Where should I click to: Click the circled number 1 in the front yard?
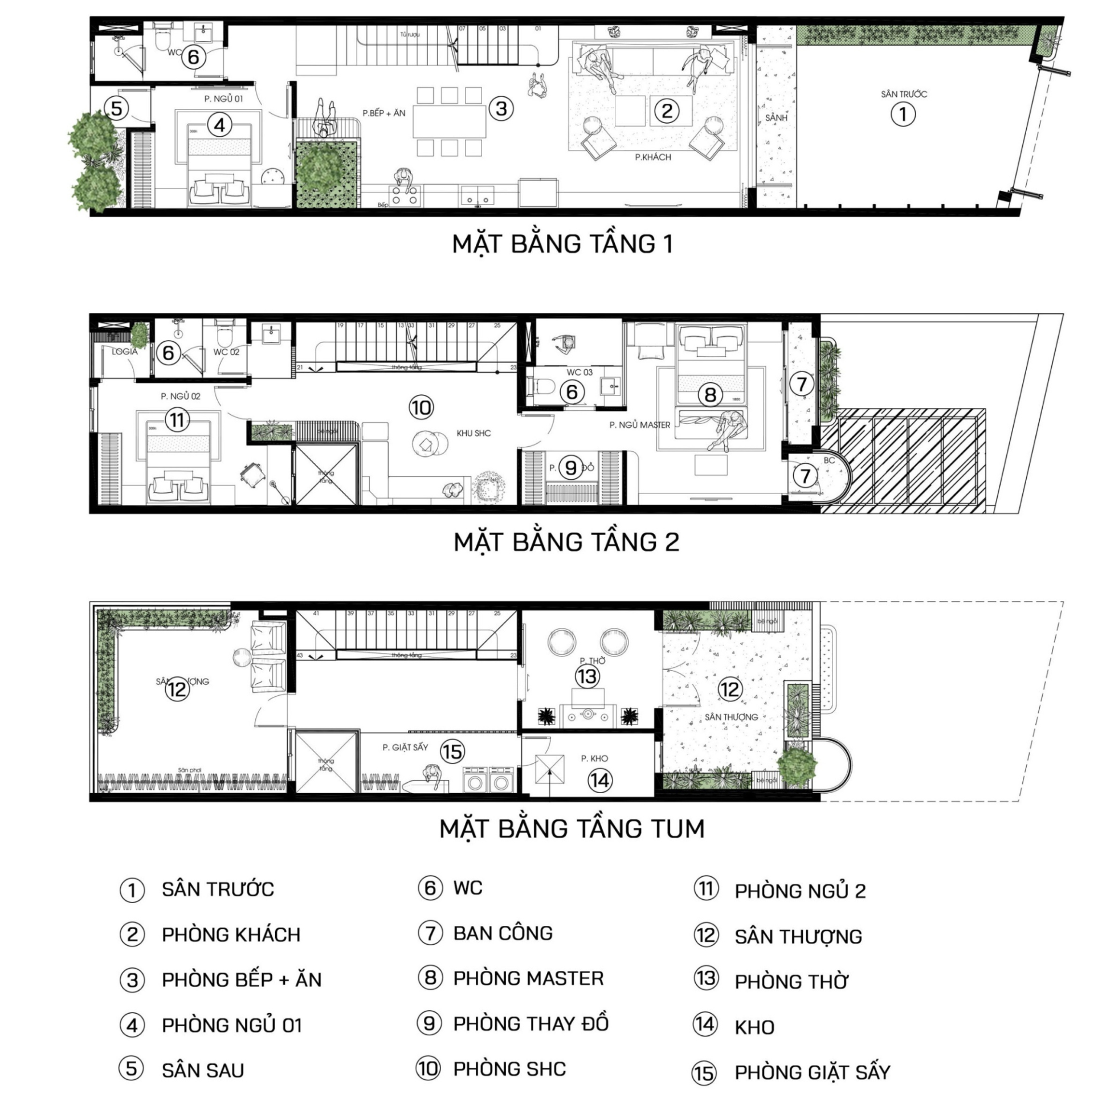point(903,115)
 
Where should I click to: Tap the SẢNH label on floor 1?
point(776,118)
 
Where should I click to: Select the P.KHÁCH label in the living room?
point(653,157)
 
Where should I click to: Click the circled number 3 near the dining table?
point(501,109)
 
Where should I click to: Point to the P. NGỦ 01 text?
point(223,99)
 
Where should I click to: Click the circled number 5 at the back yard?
point(116,108)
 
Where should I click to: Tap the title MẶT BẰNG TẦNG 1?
point(562,244)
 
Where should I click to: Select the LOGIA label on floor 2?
point(124,352)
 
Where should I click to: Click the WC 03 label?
point(579,372)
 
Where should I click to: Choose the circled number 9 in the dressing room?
point(570,468)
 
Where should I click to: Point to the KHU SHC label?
point(473,433)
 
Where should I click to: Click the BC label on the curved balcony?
point(829,460)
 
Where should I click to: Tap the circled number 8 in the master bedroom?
point(710,395)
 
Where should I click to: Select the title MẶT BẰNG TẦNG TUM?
point(572,828)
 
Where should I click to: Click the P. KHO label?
point(594,758)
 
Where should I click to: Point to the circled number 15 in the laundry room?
point(452,752)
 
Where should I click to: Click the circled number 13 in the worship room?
point(587,676)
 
